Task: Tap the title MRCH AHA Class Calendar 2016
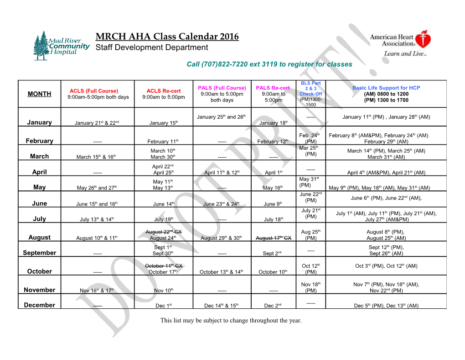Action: pyautogui.click(x=167, y=37)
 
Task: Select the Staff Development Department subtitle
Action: pyautogui.click(x=152, y=48)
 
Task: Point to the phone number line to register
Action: pyautogui.click(x=269, y=64)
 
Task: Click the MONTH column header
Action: pyautogui.click(x=39, y=94)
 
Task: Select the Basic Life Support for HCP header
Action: pyautogui.click(x=386, y=88)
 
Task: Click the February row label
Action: pyautogui.click(x=39, y=141)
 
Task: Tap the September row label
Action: pyautogui.click(x=39, y=253)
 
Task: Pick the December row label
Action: pyautogui.click(x=39, y=305)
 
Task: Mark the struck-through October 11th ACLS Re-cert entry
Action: pyautogui.click(x=163, y=266)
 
